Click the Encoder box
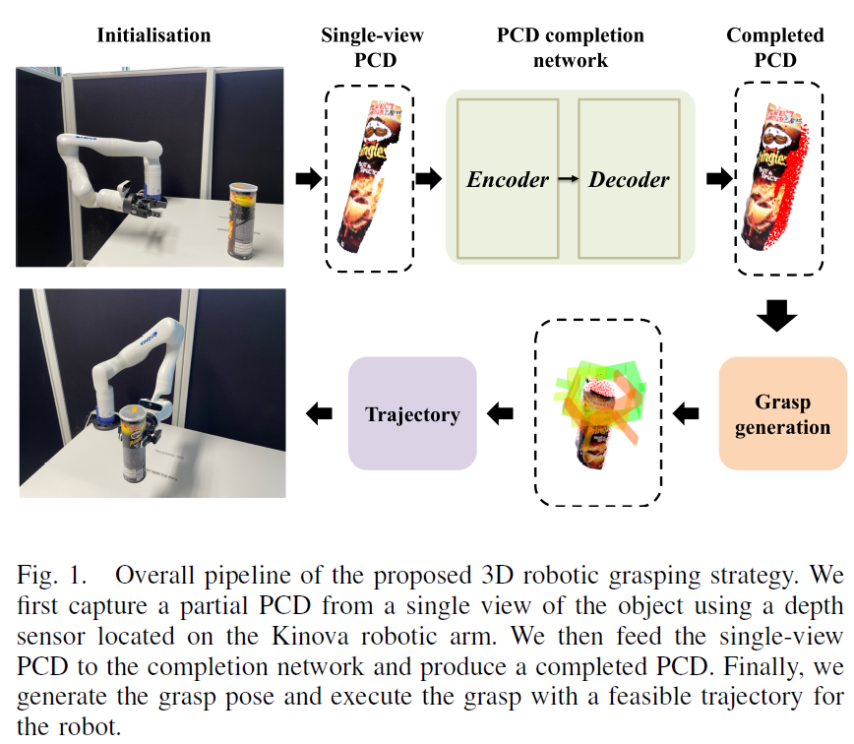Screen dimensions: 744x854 (x=508, y=179)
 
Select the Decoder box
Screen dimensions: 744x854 (x=629, y=179)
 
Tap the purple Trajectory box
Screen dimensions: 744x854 (x=412, y=413)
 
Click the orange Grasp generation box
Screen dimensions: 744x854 (x=782, y=413)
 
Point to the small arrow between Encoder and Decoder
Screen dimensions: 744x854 (x=569, y=179)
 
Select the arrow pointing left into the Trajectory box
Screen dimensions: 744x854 (x=502, y=413)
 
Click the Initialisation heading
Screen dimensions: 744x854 (x=153, y=35)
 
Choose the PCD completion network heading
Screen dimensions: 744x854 (x=570, y=47)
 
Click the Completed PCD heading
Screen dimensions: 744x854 (x=775, y=47)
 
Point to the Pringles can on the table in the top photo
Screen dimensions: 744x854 (x=242, y=218)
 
